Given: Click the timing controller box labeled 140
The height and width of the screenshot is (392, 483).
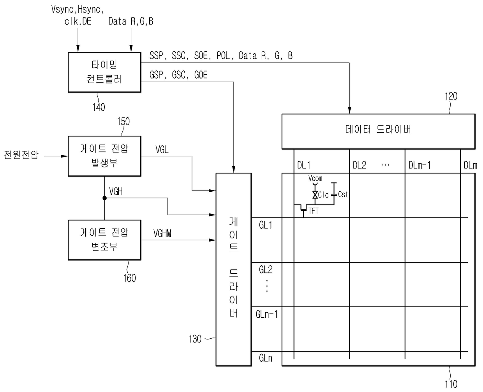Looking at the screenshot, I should click(x=104, y=72).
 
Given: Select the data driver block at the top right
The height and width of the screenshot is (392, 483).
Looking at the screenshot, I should click(x=378, y=131).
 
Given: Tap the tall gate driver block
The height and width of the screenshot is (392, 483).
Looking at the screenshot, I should click(x=233, y=269).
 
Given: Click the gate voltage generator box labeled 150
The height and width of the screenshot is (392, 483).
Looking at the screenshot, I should click(x=104, y=156).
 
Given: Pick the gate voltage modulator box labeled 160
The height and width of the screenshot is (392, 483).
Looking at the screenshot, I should click(x=104, y=240).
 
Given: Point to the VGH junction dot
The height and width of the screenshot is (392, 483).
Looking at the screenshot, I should click(x=104, y=198).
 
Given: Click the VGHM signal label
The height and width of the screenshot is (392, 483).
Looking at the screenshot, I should click(x=162, y=233).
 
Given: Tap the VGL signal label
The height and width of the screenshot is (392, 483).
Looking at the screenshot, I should click(x=162, y=149).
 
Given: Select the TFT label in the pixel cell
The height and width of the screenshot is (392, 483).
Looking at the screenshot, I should click(x=314, y=211).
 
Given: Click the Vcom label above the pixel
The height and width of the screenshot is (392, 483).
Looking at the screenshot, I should click(x=315, y=178).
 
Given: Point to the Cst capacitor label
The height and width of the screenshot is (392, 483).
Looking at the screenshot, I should click(x=343, y=194).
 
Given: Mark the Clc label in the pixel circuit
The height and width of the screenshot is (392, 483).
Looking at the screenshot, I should click(x=323, y=195).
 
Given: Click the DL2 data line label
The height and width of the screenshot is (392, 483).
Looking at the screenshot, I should click(x=360, y=165).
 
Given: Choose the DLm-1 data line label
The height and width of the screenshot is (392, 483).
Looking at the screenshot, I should click(x=420, y=165).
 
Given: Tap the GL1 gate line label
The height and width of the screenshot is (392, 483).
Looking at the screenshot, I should click(x=266, y=225).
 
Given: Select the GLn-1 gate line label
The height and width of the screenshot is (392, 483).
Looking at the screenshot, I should click(x=266, y=314).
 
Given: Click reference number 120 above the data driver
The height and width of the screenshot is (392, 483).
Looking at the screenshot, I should click(x=451, y=96).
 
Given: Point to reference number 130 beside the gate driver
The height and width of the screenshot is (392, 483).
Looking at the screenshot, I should click(x=195, y=339).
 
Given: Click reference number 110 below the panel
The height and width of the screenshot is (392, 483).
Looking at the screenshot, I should click(x=451, y=384).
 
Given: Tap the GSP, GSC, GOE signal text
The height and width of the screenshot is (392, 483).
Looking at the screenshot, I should click(x=178, y=75).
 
